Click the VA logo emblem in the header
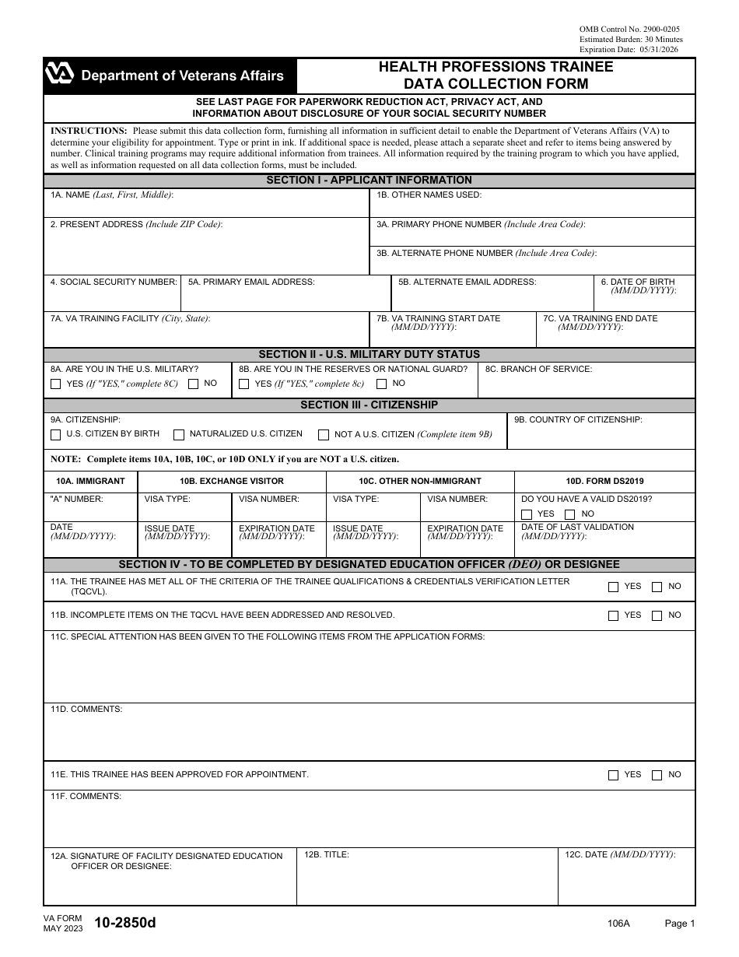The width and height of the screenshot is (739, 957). tap(60, 75)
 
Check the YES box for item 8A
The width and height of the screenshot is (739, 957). tap(55, 384)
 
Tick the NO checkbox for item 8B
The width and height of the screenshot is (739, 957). tap(381, 384)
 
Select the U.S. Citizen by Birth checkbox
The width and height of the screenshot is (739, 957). tap(55, 434)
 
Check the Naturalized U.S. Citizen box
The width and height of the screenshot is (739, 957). tap(179, 434)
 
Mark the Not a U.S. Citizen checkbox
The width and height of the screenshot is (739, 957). tap(324, 434)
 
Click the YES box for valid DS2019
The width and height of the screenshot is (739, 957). tap(527, 514)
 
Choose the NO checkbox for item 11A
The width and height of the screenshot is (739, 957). tap(657, 587)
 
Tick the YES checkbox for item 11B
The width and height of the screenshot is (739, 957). tap(614, 615)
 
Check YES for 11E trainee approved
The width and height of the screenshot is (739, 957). tap(614, 775)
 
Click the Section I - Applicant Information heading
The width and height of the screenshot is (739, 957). tap(369, 181)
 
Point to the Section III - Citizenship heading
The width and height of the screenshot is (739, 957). tap(369, 405)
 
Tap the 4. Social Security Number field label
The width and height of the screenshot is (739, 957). tap(114, 282)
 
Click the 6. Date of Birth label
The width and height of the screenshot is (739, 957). tap(638, 282)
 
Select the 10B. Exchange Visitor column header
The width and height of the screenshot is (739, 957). tap(231, 481)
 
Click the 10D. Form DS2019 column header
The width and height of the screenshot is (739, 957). tap(604, 481)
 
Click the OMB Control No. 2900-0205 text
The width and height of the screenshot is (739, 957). tap(629, 29)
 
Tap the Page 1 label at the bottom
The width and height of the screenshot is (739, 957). tap(679, 924)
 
